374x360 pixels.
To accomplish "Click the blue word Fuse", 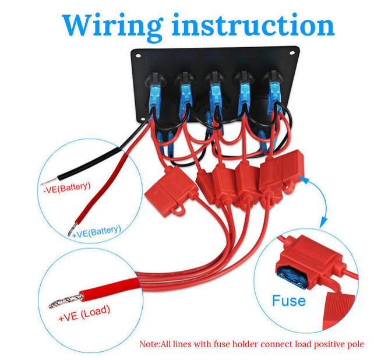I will click(288, 301).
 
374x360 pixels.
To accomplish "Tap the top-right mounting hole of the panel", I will click(298, 57).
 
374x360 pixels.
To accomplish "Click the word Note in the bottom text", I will click(150, 344).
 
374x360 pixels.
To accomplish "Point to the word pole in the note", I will click(354, 344).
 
